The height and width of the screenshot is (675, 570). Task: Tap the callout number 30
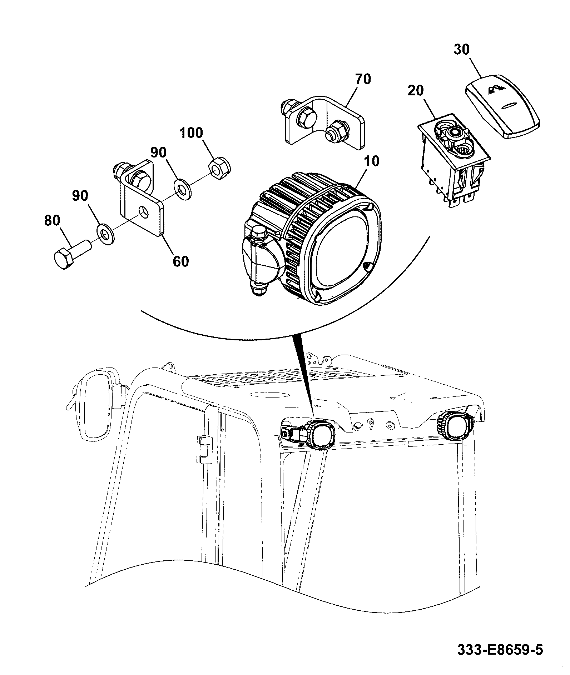[x=461, y=49]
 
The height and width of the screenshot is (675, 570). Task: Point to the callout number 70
[x=363, y=79]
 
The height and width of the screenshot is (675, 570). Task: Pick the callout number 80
[x=52, y=220]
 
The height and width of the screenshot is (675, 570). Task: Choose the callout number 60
[x=180, y=261]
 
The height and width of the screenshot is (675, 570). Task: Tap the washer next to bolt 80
[x=105, y=235]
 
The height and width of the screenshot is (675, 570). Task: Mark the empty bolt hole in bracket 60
[x=143, y=211]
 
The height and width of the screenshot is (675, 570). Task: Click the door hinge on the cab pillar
[x=203, y=449]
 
